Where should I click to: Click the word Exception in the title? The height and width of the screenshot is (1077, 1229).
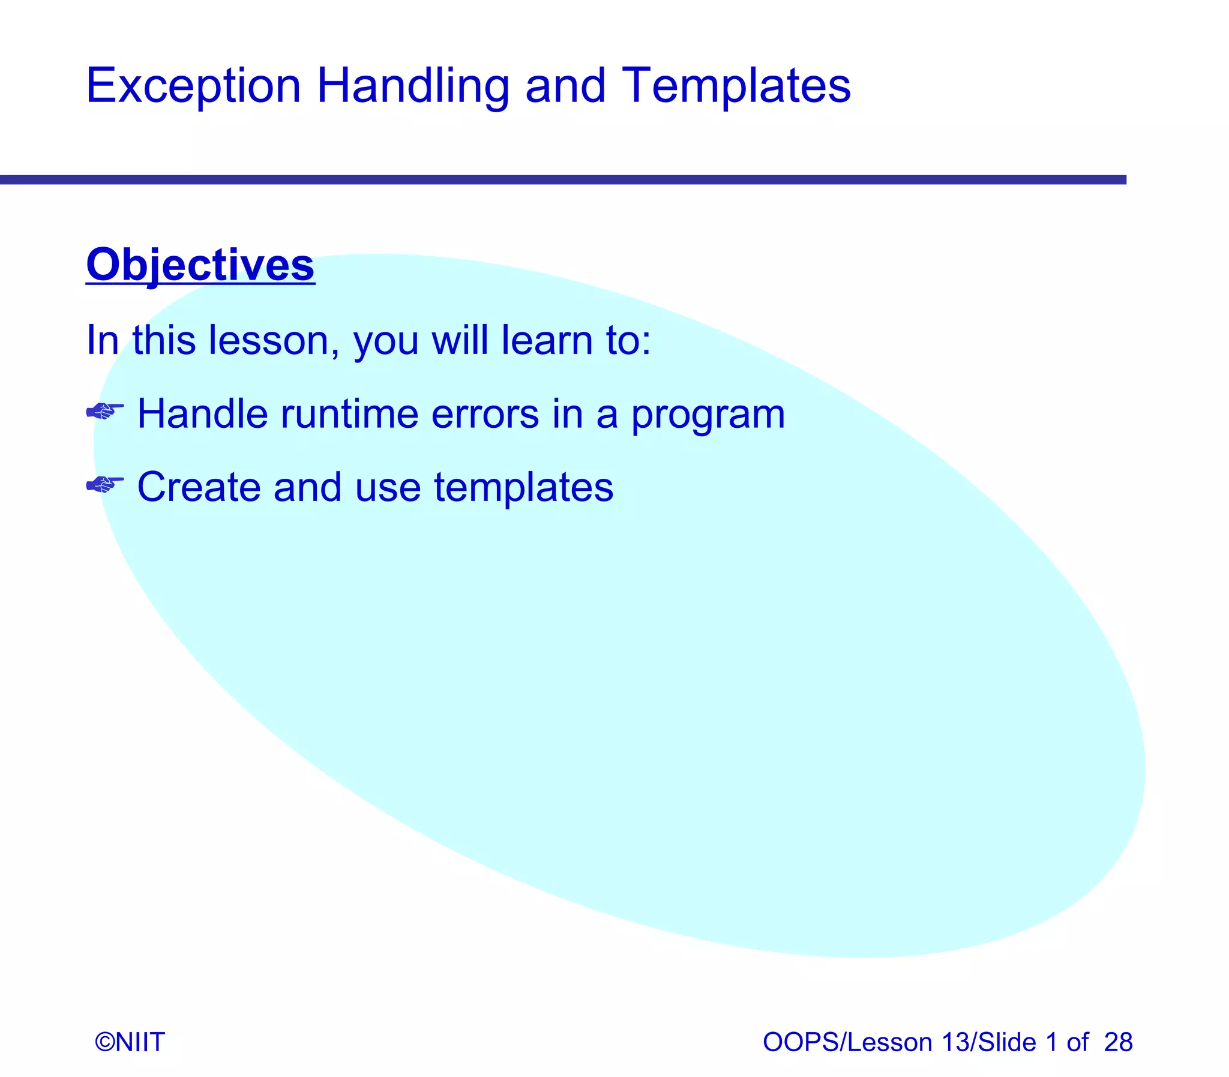(x=193, y=86)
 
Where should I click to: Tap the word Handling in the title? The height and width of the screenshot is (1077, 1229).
(x=413, y=86)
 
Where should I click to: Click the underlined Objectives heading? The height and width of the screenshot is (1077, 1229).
(x=200, y=265)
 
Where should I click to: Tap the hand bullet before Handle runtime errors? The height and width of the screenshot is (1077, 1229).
(x=104, y=412)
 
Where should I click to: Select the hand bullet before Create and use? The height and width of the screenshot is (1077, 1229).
(x=104, y=484)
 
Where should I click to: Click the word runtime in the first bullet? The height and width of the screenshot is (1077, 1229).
(x=349, y=414)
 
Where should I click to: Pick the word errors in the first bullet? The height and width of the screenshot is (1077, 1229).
(x=485, y=414)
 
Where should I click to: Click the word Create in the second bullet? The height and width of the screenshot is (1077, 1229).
(x=199, y=487)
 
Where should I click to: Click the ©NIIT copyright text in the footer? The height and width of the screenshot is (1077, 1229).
(x=130, y=1042)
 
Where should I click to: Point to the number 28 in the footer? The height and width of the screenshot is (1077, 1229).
(x=1118, y=1042)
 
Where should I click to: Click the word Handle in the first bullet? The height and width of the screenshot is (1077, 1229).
(x=202, y=414)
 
